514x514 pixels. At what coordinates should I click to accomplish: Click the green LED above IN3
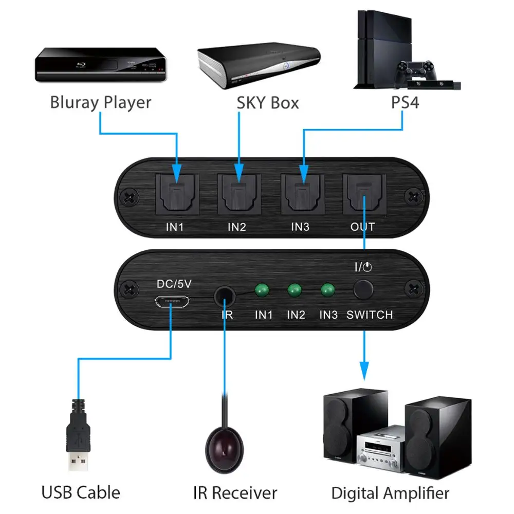click(x=326, y=290)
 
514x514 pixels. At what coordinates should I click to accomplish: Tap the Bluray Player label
click(x=101, y=102)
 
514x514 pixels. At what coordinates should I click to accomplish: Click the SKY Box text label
click(x=267, y=102)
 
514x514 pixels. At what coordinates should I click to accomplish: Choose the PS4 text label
click(x=405, y=102)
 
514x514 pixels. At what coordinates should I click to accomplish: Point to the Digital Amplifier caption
click(x=390, y=493)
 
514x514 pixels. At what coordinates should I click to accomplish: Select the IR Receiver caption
click(x=235, y=493)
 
